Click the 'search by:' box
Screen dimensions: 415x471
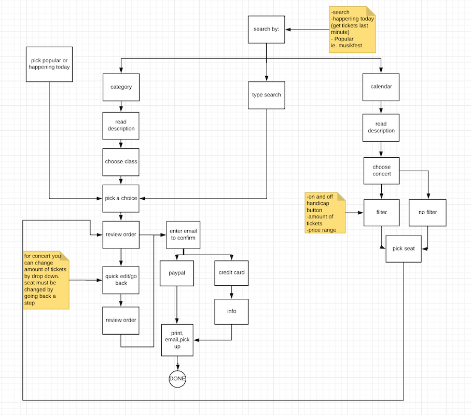point(266,29)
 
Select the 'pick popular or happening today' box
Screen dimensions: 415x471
point(49,64)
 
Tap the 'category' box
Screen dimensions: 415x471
point(121,87)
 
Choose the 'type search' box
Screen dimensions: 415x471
point(266,94)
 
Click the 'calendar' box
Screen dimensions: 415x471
point(381,87)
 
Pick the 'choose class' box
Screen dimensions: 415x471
point(121,161)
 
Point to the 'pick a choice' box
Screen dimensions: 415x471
point(121,198)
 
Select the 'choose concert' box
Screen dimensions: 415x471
point(381,171)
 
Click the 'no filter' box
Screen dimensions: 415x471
point(427,212)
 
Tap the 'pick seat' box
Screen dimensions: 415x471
point(403,248)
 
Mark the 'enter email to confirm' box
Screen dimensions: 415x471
point(182,234)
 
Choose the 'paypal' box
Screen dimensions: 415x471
point(177,272)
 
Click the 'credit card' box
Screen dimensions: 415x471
point(231,272)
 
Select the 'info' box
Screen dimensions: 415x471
point(231,311)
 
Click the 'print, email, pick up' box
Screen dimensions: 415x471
point(177,340)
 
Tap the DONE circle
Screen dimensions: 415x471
point(177,379)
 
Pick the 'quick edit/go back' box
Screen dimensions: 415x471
point(121,280)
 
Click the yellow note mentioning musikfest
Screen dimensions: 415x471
point(352,29)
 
